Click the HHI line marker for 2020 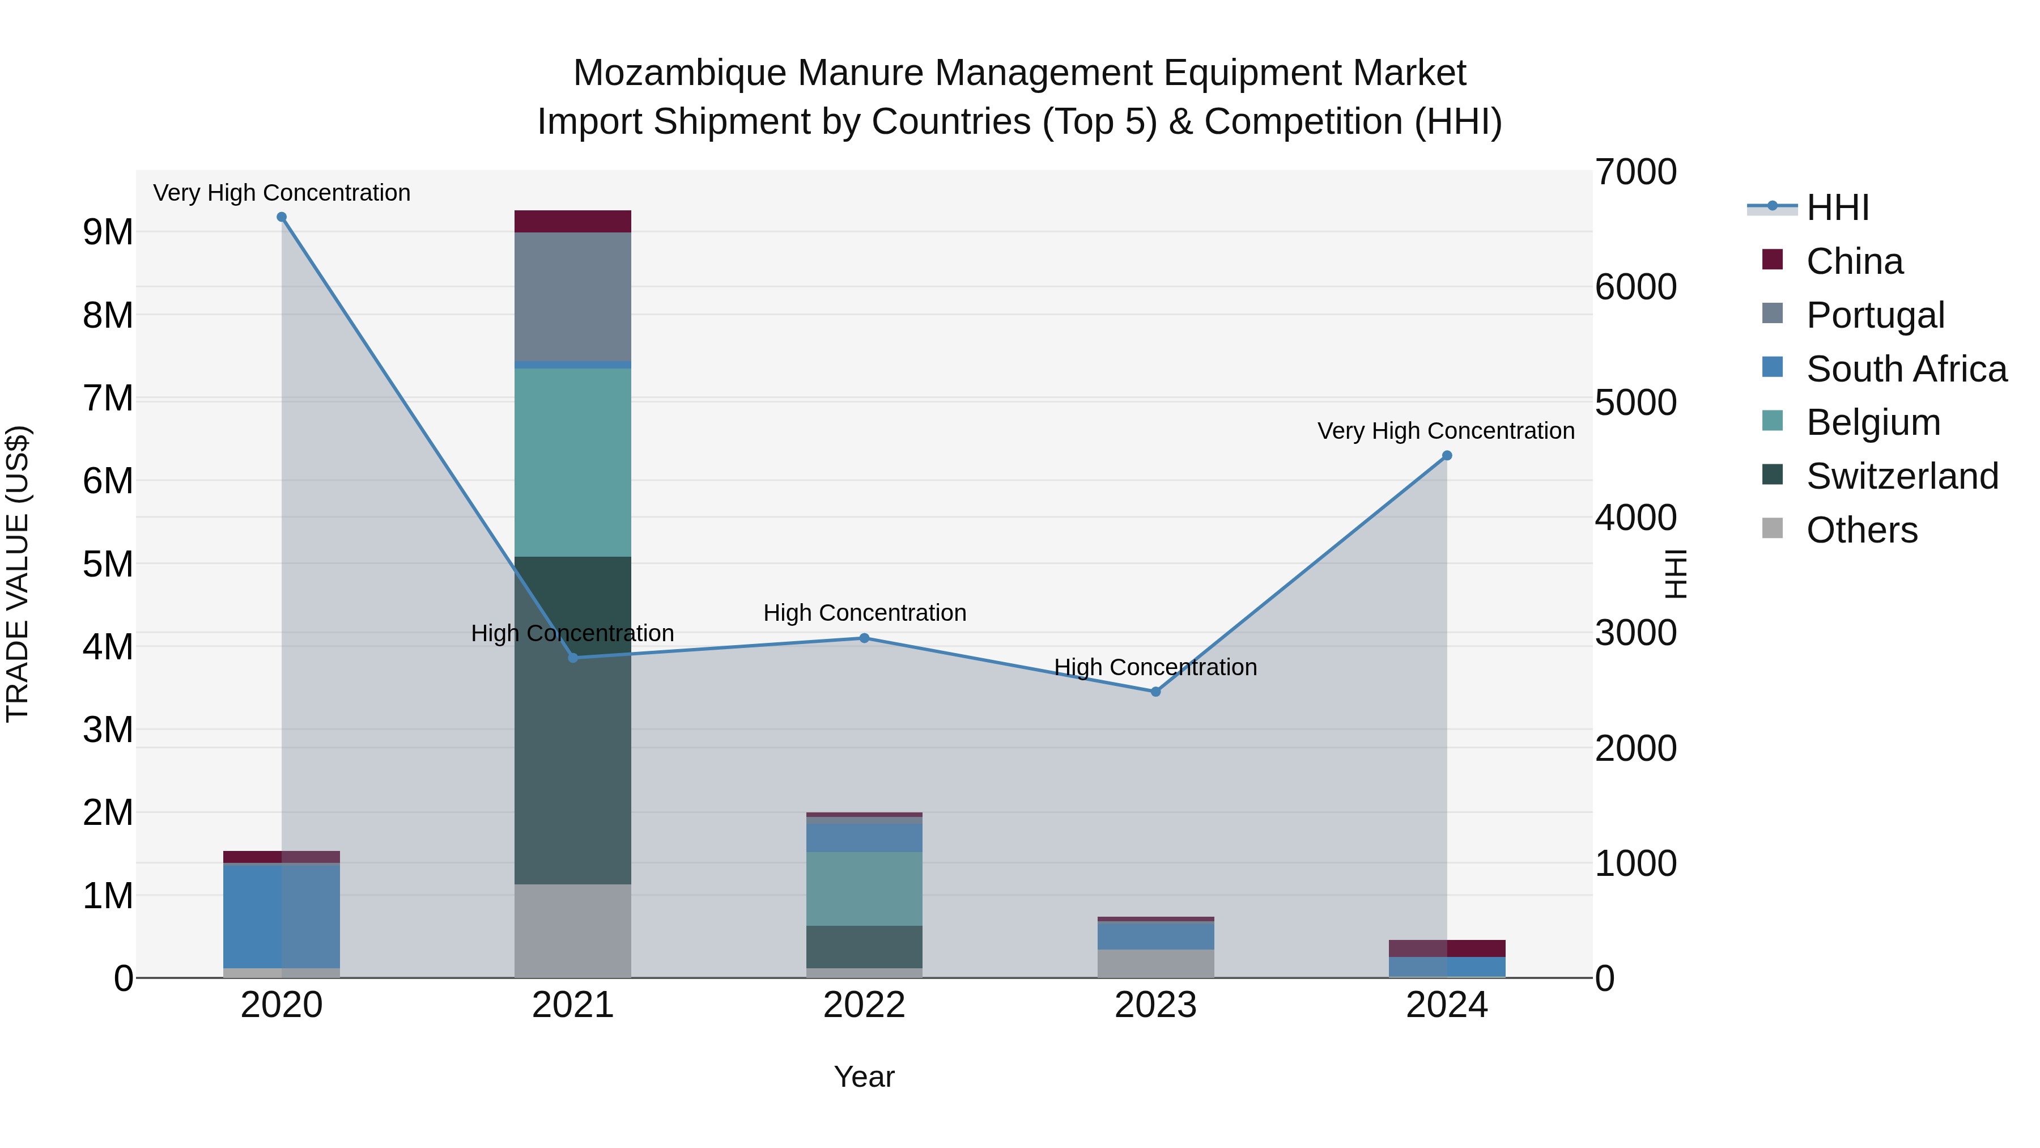click(x=281, y=217)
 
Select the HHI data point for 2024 click(x=1447, y=456)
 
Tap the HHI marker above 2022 click(x=864, y=638)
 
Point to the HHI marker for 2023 click(x=1155, y=692)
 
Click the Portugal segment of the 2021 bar click(x=572, y=296)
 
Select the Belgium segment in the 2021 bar click(x=572, y=462)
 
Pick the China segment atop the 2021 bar click(x=572, y=221)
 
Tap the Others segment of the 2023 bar click(x=1155, y=963)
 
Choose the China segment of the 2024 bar click(x=1447, y=948)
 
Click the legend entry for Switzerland click(x=1901, y=476)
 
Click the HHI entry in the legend click(x=1837, y=207)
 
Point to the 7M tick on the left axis click(x=108, y=398)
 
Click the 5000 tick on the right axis click(x=1635, y=403)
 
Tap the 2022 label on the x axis click(x=864, y=1005)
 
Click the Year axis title click(x=864, y=1077)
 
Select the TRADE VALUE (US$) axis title click(x=18, y=574)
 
